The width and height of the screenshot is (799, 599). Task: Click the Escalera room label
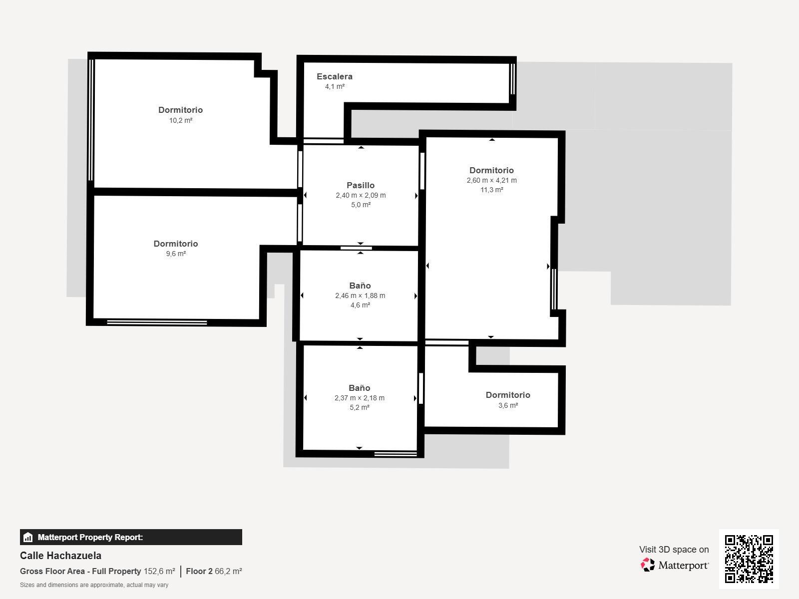pyautogui.click(x=335, y=76)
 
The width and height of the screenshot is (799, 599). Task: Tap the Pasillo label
pyautogui.click(x=361, y=185)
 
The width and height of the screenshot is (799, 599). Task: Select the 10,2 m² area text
pyautogui.click(x=181, y=120)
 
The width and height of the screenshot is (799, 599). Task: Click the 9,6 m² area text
pyautogui.click(x=176, y=254)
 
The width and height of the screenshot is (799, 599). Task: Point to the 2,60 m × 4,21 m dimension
pyautogui.click(x=491, y=180)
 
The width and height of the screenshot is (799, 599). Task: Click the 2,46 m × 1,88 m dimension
pyautogui.click(x=360, y=296)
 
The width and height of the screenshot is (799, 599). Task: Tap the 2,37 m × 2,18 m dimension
pyautogui.click(x=360, y=398)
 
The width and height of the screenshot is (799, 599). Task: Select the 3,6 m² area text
pyautogui.click(x=508, y=405)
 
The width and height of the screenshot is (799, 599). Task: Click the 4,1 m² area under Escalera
pyautogui.click(x=335, y=86)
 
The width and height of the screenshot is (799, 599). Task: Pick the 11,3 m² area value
pyautogui.click(x=491, y=190)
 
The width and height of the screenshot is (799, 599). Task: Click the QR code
pyautogui.click(x=749, y=559)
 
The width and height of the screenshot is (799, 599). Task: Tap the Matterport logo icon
pyautogui.click(x=648, y=565)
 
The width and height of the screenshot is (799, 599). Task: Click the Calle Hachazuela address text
pyautogui.click(x=60, y=556)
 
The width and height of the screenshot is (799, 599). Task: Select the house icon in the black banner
pyautogui.click(x=28, y=537)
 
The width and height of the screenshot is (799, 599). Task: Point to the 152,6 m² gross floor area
pyautogui.click(x=159, y=571)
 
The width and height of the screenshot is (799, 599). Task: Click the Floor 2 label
pyautogui.click(x=199, y=571)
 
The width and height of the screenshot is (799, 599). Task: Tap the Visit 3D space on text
pyautogui.click(x=674, y=549)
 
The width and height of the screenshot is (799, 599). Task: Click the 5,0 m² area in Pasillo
pyautogui.click(x=361, y=205)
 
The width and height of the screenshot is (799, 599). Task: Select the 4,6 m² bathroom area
pyautogui.click(x=360, y=305)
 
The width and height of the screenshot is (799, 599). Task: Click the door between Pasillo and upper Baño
pyautogui.click(x=356, y=248)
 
